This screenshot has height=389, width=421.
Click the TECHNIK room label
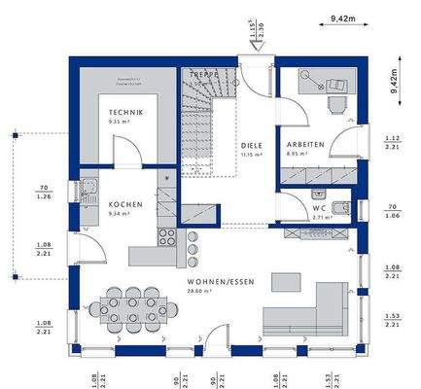click(x=126, y=114)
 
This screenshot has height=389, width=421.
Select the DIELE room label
click(x=252, y=146)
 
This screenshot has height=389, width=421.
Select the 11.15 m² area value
click(x=252, y=155)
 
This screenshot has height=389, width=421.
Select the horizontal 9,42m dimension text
click(x=341, y=18)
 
